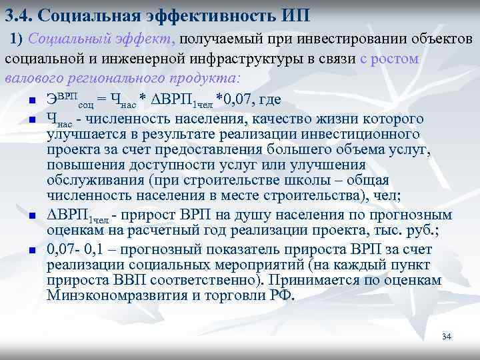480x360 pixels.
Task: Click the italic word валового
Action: [x=33, y=77]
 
